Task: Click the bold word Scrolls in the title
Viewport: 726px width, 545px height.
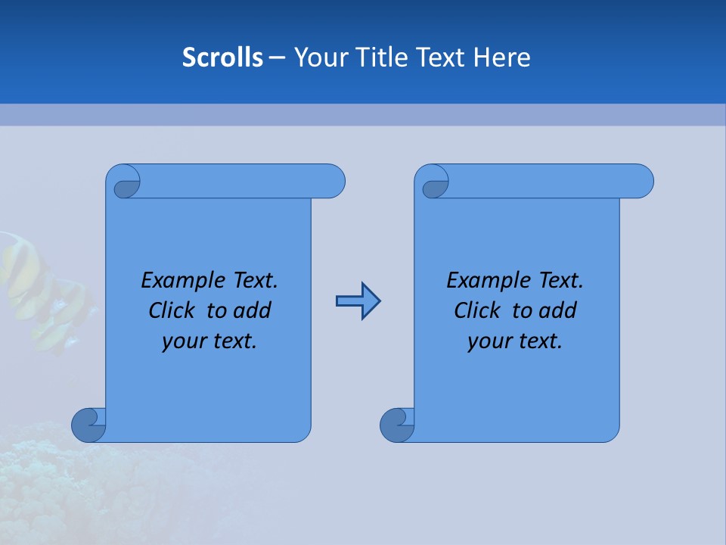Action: (x=222, y=58)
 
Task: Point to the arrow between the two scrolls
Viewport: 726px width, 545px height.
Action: (x=358, y=301)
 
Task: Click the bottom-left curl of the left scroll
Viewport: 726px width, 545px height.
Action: (x=89, y=425)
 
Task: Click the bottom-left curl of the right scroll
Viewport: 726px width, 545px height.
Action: (x=398, y=425)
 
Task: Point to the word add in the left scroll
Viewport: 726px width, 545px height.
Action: (x=252, y=310)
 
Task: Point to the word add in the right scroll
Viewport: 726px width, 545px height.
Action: (x=558, y=310)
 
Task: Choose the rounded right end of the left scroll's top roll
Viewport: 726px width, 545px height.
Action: (x=333, y=181)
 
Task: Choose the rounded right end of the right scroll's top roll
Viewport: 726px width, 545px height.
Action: (x=641, y=181)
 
